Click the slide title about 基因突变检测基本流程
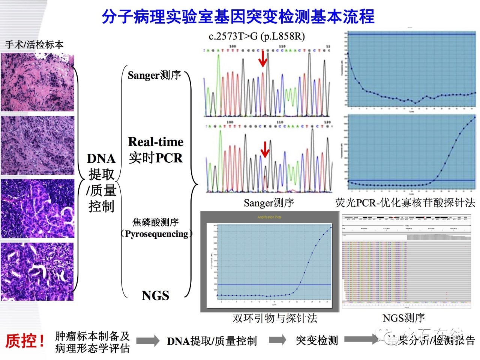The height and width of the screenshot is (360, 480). tap(238, 16)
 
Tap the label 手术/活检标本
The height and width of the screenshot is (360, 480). tap(34, 45)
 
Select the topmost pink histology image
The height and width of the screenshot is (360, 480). tap(37, 82)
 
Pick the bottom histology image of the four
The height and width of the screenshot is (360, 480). tap(37, 271)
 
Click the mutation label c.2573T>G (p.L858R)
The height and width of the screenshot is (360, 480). tap(257, 36)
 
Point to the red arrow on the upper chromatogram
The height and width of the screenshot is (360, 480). tap(263, 58)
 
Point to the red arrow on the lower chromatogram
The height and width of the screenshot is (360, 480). tap(265, 149)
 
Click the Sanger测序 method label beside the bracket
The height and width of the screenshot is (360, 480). tap(154, 75)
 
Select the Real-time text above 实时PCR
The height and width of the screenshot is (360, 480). tap(156, 142)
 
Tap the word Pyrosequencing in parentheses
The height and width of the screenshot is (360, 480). tap(156, 234)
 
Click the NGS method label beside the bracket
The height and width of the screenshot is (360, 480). tap(155, 295)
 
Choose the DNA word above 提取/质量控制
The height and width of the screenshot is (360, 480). tap(101, 159)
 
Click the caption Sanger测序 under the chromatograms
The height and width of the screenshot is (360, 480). tap(269, 203)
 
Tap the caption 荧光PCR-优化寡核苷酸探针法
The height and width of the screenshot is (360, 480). tap(405, 203)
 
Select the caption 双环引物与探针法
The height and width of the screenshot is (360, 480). tap(275, 318)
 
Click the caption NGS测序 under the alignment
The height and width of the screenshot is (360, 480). tap(403, 318)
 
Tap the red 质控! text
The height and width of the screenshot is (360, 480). tap(25, 341)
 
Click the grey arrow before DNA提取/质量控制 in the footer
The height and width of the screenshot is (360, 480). tap(148, 340)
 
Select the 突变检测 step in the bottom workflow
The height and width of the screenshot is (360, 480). tap(317, 340)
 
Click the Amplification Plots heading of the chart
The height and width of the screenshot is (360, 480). tap(269, 217)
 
